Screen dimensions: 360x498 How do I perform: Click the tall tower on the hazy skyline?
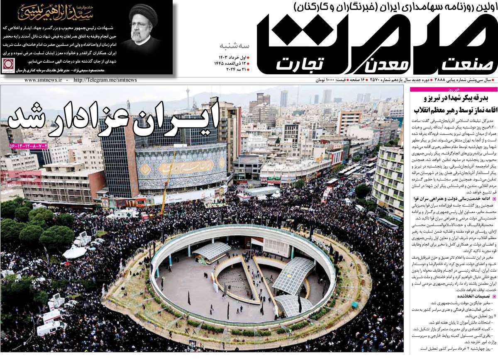pyautogui.click(x=188, y=97)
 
